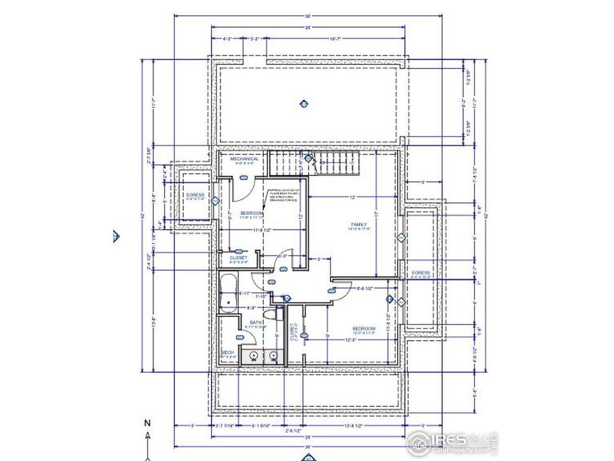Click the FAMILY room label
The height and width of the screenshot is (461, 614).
pos(359,224)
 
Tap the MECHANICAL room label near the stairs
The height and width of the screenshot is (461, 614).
pos(244,159)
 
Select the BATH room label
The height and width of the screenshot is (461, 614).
pos(255,322)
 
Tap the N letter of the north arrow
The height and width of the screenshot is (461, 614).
pos(147,423)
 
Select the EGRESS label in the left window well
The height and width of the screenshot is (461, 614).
pos(195,195)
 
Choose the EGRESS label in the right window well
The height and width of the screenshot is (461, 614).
pos(421,273)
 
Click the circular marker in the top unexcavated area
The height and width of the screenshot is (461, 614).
pos(303,103)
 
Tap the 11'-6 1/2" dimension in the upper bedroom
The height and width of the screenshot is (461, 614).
pos(263,230)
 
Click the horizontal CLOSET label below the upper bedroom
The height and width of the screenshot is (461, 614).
pos(238,258)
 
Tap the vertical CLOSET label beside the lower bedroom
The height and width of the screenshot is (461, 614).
pos(292,332)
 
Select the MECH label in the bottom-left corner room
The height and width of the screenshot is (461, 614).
pos(227,352)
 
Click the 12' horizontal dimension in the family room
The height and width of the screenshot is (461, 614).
pos(353,197)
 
